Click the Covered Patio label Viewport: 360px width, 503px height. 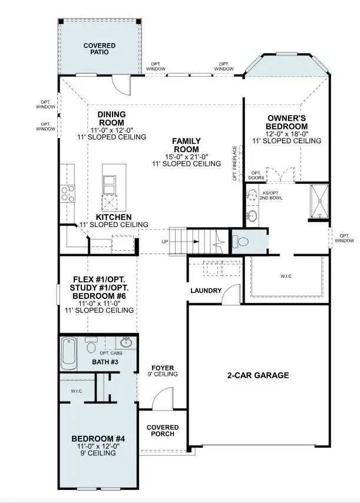99,48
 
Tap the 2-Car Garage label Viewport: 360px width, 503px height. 258,375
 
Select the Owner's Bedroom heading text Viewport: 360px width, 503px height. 286,122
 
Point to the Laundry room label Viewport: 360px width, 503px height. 206,291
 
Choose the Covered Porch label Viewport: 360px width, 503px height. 163,431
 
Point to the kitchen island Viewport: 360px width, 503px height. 110,189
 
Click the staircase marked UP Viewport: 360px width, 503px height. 195,241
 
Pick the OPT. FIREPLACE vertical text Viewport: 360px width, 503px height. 235,163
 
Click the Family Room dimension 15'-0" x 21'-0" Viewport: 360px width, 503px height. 186,156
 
